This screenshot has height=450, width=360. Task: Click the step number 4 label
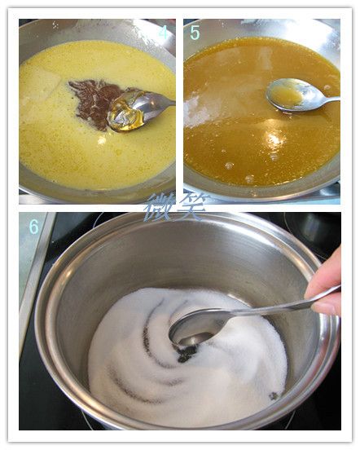pyautogui.click(x=164, y=33)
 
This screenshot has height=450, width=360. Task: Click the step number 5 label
pyautogui.click(x=195, y=33)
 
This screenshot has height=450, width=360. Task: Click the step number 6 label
pyautogui.click(x=34, y=227)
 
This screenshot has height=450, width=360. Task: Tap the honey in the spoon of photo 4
pyautogui.click(x=125, y=112)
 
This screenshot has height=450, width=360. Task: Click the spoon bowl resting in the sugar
pyautogui.click(x=198, y=326)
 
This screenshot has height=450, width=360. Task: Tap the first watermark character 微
pyautogui.click(x=160, y=207)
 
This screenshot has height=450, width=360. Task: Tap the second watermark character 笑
pyautogui.click(x=192, y=206)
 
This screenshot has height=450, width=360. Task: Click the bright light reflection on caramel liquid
pyautogui.click(x=274, y=138)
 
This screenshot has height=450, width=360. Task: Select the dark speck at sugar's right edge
pyautogui.click(x=273, y=396)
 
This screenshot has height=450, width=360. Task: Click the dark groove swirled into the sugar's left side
pyautogui.click(x=134, y=382)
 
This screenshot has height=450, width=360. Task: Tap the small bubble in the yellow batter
pyautogui.click(x=101, y=140)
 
